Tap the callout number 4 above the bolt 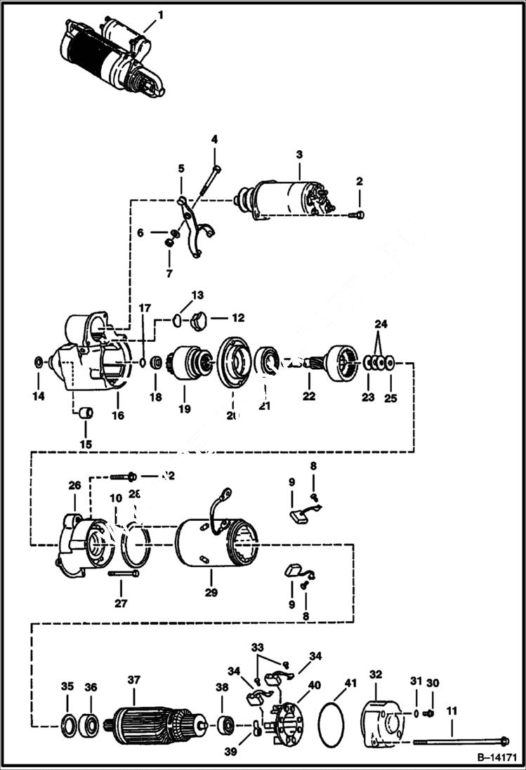tap(214, 138)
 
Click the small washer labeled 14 tap(38, 363)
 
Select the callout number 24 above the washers tap(381, 324)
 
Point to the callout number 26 tap(74, 485)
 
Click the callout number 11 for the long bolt tap(452, 710)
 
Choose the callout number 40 tap(313, 685)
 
